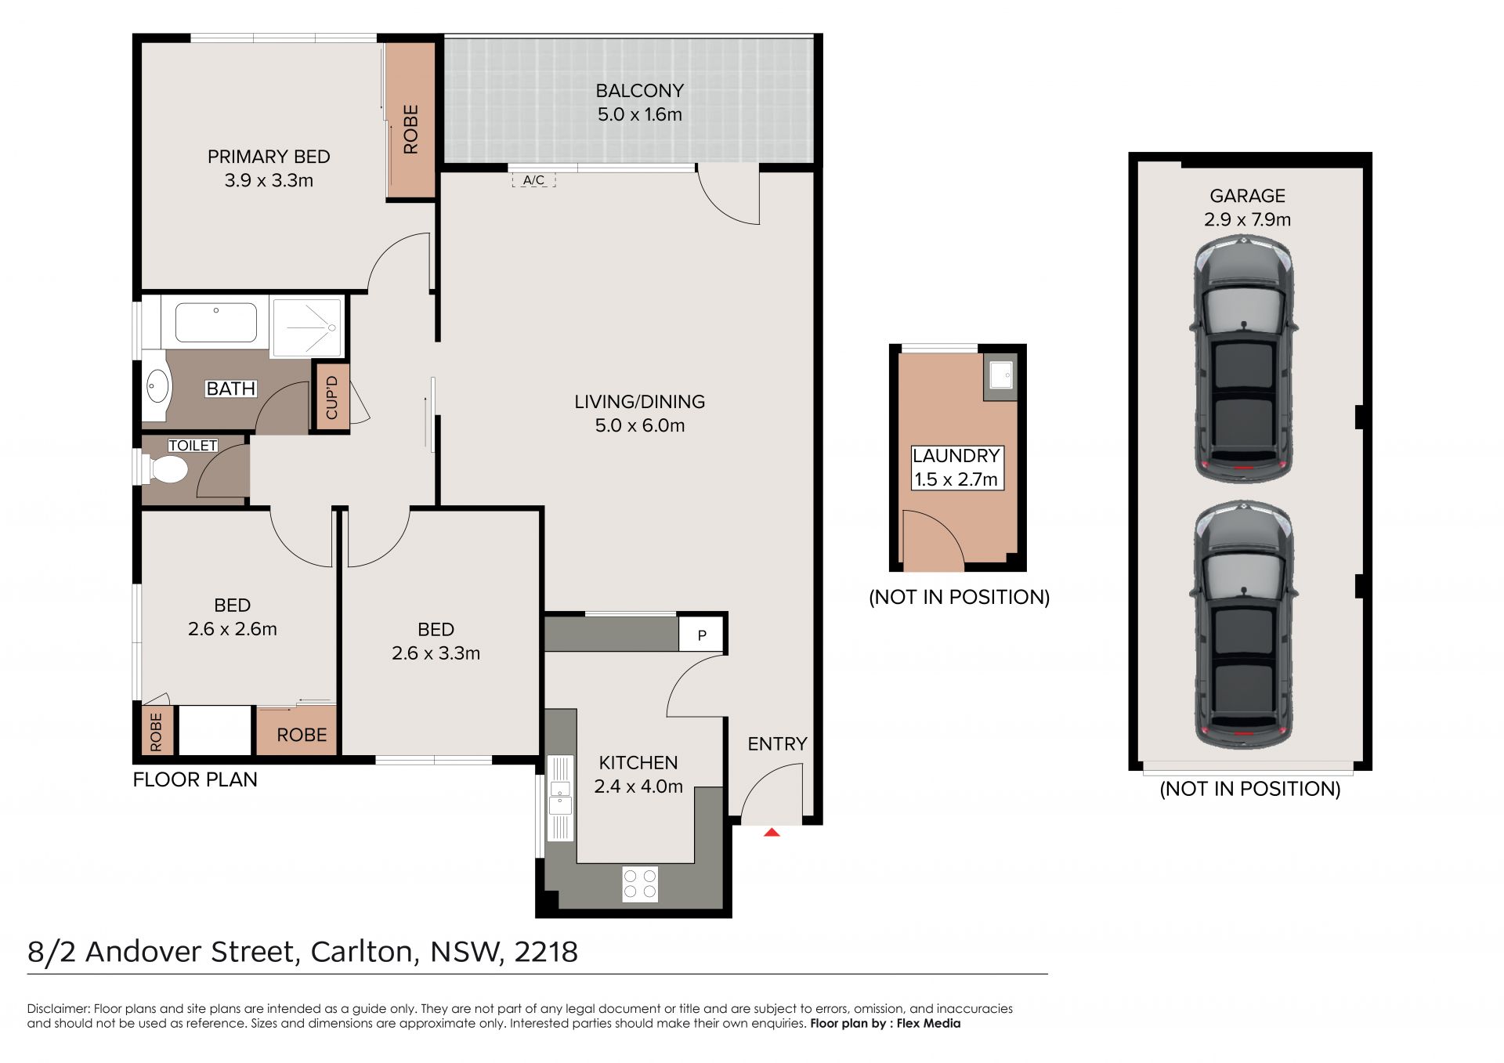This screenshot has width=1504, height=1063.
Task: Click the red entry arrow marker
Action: [772, 832]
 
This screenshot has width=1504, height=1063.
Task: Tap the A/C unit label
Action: [533, 180]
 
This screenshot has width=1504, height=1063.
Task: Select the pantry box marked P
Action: [701, 635]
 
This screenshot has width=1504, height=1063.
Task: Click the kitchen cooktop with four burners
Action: [640, 884]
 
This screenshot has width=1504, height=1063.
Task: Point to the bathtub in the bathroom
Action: [216, 322]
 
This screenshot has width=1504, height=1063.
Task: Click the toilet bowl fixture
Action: [166, 470]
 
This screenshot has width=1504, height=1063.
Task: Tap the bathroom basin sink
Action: [157, 386]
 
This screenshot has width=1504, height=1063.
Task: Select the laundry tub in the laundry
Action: [1000, 374]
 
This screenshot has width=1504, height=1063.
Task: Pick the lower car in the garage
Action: [1244, 624]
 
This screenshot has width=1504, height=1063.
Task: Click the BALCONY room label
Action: [639, 91]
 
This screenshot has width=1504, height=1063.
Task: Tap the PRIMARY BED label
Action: [269, 157]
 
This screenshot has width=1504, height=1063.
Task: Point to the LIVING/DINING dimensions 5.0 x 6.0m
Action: [639, 425]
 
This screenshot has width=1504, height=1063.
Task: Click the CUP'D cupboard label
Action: [331, 397]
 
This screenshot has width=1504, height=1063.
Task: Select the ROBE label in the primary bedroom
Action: [410, 129]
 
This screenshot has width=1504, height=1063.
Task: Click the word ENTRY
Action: [777, 744]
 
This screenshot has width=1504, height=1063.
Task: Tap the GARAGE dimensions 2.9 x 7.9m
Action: [1247, 220]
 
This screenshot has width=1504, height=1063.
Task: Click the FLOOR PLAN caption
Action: [195, 779]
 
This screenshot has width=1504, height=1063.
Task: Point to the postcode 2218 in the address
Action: [546, 952]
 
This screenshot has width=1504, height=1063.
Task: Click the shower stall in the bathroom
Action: [307, 327]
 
